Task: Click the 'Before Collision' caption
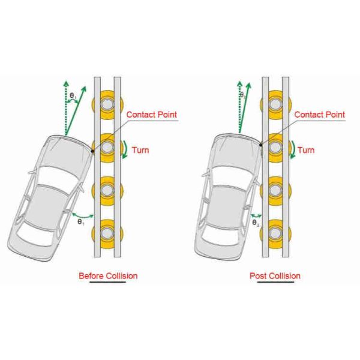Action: click(x=108, y=275)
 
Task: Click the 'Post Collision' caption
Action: click(x=275, y=275)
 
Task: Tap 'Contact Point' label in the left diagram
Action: click(x=151, y=114)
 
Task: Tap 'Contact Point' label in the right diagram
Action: click(x=320, y=114)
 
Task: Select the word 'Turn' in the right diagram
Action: click(x=306, y=150)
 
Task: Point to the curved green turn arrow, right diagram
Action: click(x=293, y=149)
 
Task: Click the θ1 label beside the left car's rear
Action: click(x=80, y=222)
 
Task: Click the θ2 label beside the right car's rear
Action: click(x=256, y=223)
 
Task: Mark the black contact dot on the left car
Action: click(x=92, y=150)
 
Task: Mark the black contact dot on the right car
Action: click(x=260, y=144)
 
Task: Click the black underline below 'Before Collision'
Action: click(x=108, y=283)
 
